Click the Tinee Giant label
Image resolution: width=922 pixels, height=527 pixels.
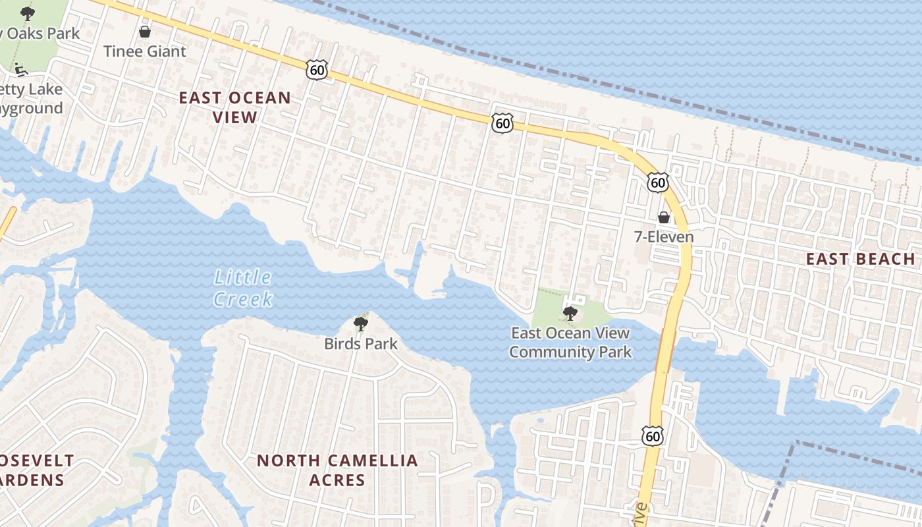[145, 51]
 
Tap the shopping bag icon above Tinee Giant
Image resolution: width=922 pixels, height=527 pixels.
[145, 31]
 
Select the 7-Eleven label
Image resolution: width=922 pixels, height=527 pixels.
[664, 236]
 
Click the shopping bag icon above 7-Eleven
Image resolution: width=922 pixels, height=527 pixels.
[664, 217]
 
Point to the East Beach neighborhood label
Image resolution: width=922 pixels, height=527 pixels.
[861, 259]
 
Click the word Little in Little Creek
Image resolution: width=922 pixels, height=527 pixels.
[242, 278]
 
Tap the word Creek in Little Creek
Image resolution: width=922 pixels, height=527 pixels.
[243, 299]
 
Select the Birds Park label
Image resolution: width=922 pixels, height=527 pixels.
[361, 343]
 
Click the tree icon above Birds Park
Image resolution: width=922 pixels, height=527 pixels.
[360, 323]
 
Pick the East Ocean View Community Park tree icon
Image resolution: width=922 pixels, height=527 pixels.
[570, 313]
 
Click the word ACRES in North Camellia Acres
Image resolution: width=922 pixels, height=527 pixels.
[337, 480]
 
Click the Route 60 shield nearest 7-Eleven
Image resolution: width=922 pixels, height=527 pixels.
[657, 182]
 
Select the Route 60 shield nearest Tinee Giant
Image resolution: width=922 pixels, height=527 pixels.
[316, 69]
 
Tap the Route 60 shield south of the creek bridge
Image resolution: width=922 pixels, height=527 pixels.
[652, 435]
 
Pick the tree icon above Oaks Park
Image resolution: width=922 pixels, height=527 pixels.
[27, 13]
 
